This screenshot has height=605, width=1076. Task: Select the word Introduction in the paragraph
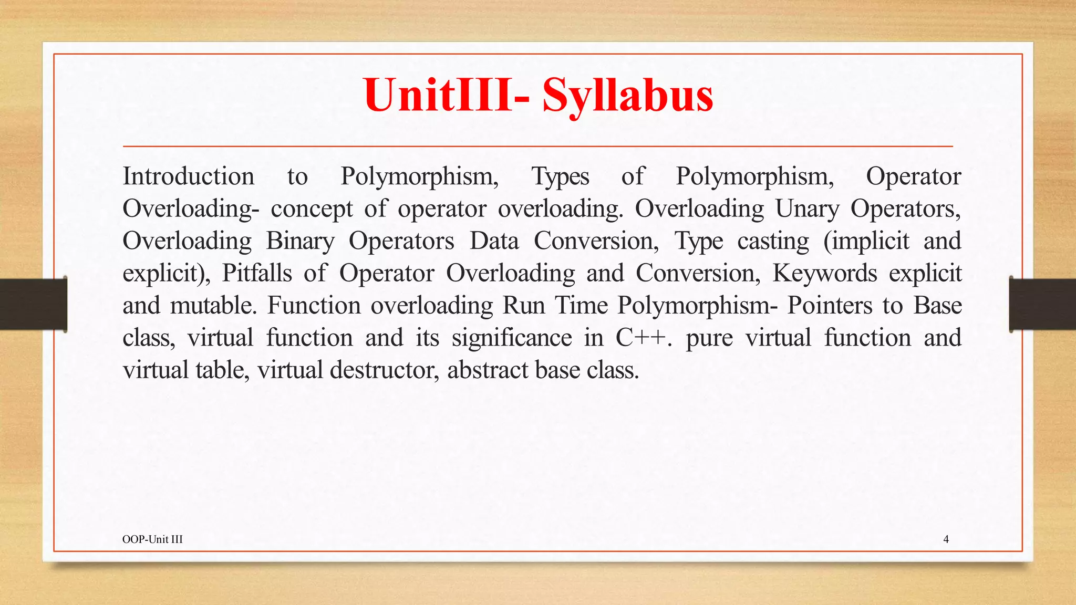188,176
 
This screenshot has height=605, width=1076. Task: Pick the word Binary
300,242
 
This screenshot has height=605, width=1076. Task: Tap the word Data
494,242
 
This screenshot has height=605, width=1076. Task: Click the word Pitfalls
256,274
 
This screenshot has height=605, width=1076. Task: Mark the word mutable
213,306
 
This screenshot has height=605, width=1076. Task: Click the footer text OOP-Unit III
152,539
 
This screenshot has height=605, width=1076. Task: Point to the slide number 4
946,539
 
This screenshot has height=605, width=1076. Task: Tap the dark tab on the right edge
1042,304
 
